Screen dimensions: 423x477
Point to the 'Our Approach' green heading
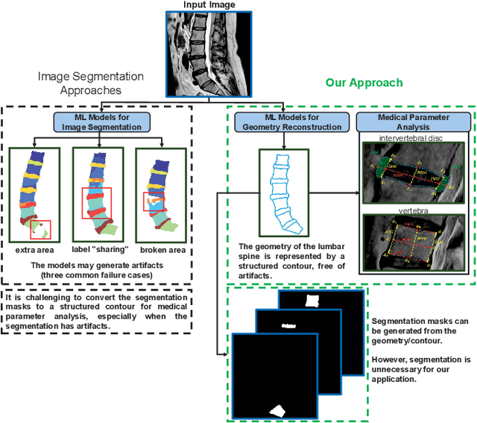364,83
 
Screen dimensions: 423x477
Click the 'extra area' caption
34,250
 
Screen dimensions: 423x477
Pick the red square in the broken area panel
152,201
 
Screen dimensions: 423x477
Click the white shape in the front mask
277,409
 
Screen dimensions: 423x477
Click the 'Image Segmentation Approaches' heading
91,82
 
